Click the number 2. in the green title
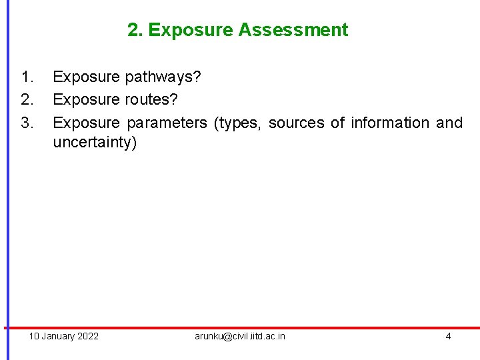click(135, 30)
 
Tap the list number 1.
click(27, 77)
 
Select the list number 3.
click(27, 123)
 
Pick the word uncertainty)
click(95, 143)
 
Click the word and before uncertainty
click(449, 123)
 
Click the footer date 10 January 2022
click(63, 336)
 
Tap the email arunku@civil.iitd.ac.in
click(240, 336)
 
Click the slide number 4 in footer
click(448, 336)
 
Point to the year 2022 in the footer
click(87, 336)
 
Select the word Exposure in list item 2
click(86, 100)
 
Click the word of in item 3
click(337, 123)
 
